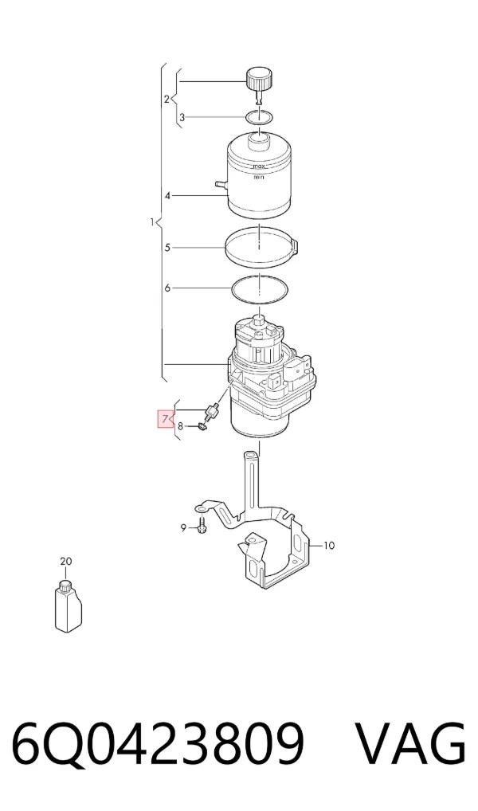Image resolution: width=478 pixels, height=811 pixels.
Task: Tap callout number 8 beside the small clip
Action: click(180, 427)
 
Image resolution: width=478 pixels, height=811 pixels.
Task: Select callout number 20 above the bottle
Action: click(65, 561)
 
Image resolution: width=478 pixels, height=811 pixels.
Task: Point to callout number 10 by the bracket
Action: click(329, 545)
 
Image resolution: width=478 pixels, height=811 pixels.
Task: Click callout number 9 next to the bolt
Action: click(183, 528)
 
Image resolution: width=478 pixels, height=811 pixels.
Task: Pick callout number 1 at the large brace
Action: click(152, 222)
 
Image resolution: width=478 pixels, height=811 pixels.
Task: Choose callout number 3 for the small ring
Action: click(182, 118)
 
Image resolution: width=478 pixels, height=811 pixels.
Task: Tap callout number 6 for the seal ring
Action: click(167, 288)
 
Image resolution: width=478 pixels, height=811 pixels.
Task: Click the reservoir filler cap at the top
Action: click(258, 82)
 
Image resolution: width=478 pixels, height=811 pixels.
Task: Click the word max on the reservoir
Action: click(258, 167)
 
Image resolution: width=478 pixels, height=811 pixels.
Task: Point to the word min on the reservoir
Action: click(259, 178)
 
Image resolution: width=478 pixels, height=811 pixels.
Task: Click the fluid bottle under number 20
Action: click(69, 607)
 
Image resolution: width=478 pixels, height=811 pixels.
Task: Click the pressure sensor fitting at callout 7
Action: click(212, 412)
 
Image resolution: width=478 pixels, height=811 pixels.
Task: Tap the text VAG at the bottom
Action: click(410, 744)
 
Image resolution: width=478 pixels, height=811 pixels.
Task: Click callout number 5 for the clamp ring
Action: click(167, 248)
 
